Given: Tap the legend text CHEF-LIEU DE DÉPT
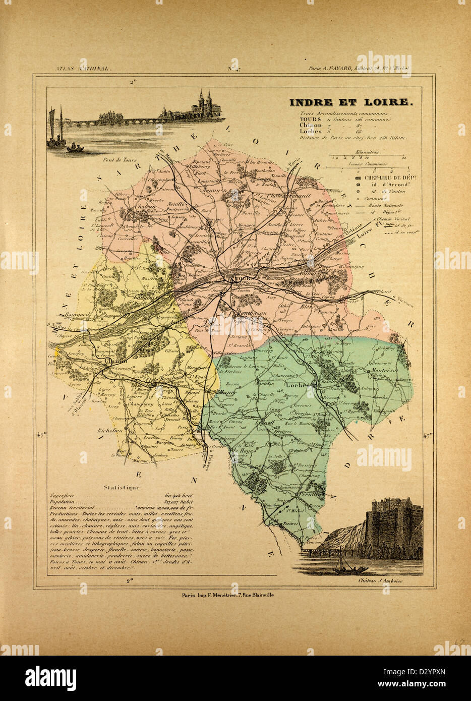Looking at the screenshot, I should click(x=389, y=178).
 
